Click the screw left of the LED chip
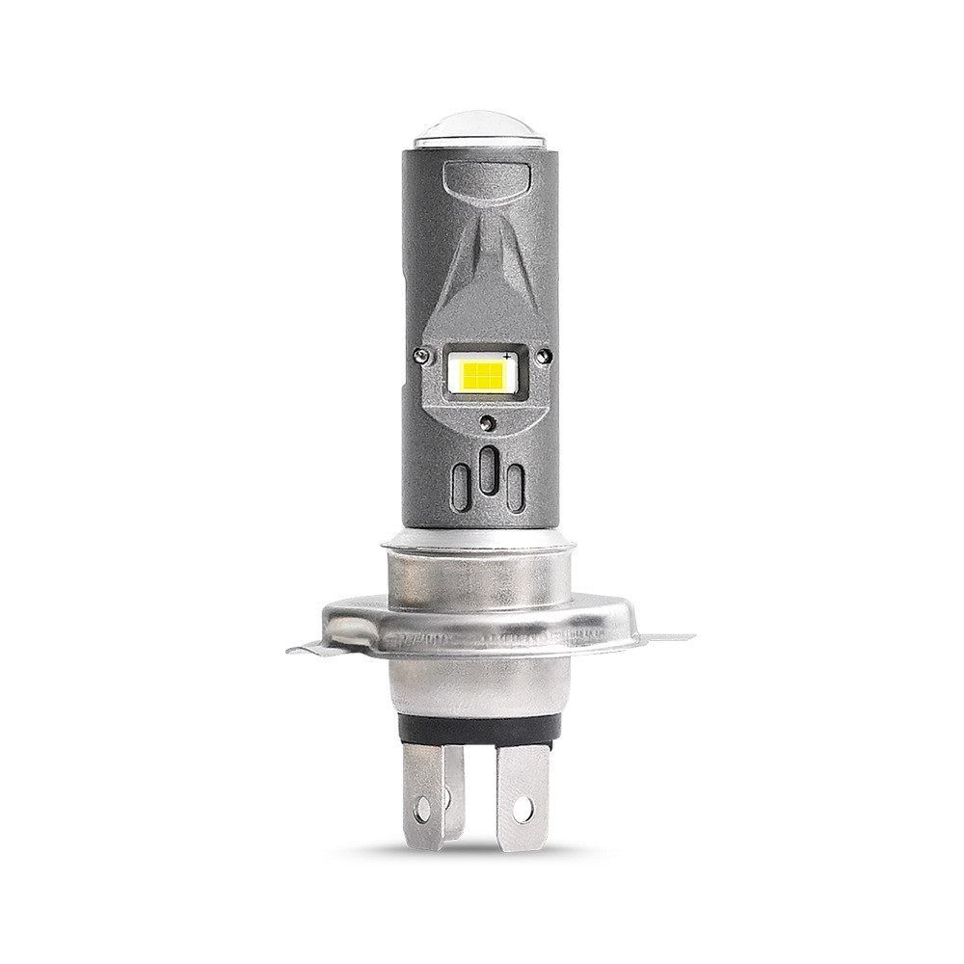(420, 356)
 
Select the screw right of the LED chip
(546, 356)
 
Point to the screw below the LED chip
(489, 423)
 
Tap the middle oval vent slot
(489, 470)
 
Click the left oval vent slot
(462, 487)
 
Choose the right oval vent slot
(516, 488)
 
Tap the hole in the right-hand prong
(522, 809)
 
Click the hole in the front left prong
(422, 809)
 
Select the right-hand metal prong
(522, 795)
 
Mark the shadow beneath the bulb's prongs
(472, 852)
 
